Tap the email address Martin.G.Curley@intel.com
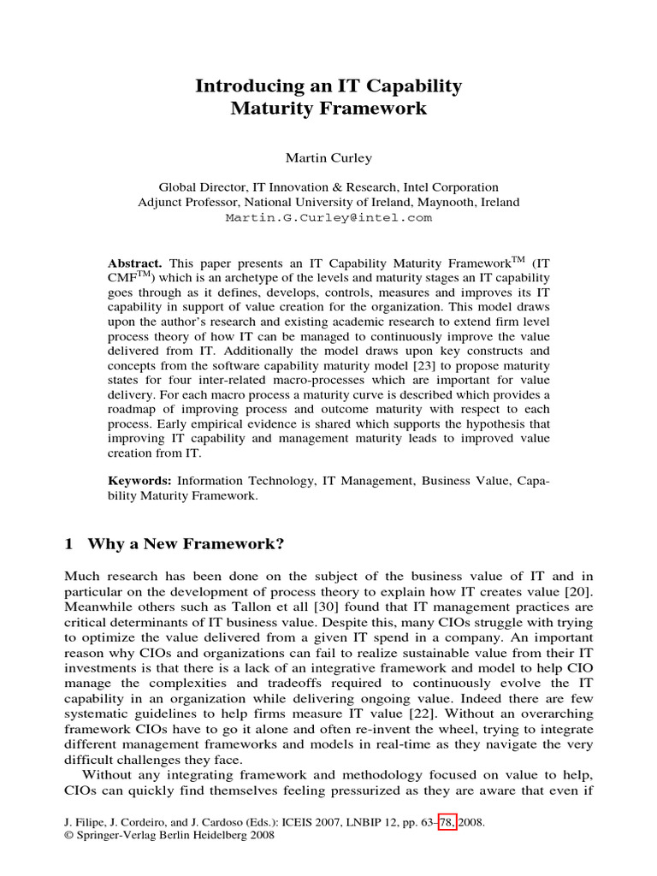pyautogui.click(x=328, y=218)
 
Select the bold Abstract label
pyautogui.click(x=135, y=263)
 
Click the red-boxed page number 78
pyautogui.click(x=442, y=822)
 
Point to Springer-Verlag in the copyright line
pyautogui.click(x=114, y=836)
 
